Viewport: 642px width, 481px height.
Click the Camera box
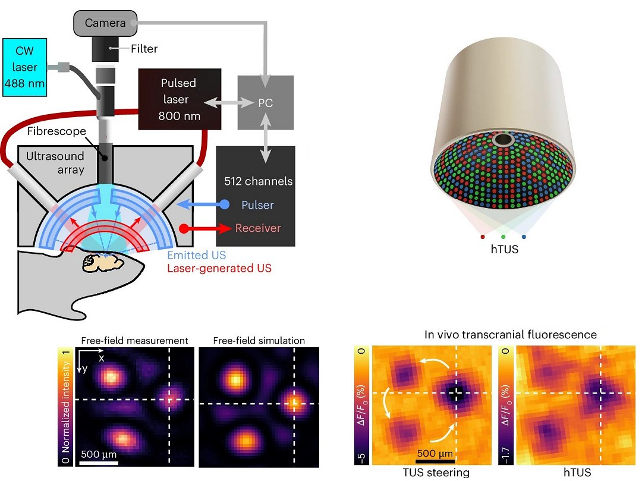click(105, 23)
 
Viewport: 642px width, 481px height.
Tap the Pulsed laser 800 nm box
click(178, 99)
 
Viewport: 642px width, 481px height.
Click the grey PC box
click(265, 102)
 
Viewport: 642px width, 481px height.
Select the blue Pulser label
click(257, 205)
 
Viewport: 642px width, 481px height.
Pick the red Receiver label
click(257, 228)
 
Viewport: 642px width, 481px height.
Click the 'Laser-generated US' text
click(219, 268)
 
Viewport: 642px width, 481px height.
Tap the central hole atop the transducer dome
click(505, 140)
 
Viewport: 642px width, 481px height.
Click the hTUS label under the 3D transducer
click(504, 249)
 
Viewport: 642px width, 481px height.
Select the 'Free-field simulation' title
click(259, 341)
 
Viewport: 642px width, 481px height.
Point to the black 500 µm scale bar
click(435, 460)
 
